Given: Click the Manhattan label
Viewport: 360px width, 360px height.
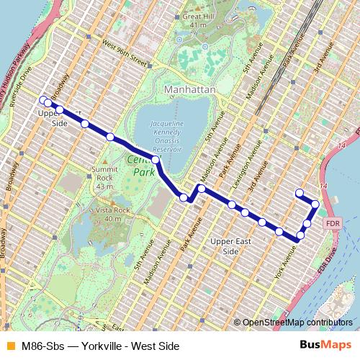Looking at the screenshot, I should (191, 89).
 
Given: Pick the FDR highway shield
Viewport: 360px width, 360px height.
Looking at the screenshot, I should (332, 222).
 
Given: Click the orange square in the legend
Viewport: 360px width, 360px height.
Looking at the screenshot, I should (10, 346).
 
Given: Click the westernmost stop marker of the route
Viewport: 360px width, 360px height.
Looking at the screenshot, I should (42, 99).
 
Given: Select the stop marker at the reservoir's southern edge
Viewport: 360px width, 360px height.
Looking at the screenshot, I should (156, 159).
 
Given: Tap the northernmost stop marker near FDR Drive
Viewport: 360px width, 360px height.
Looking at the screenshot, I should (300, 192).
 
